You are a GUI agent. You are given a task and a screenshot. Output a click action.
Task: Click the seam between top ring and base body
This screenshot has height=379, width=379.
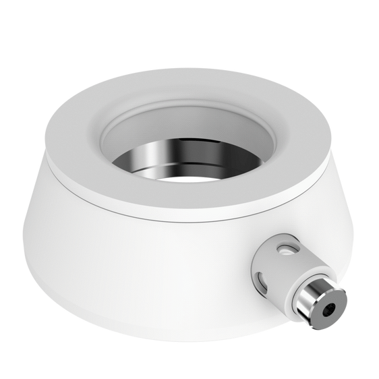click(135, 202)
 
